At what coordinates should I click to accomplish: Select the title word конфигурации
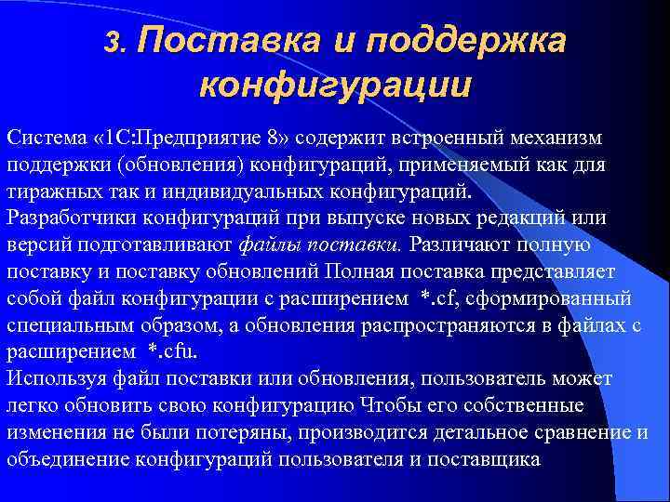click(x=335, y=86)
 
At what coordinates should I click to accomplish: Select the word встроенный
click(x=448, y=138)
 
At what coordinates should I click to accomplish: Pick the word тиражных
click(x=50, y=192)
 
